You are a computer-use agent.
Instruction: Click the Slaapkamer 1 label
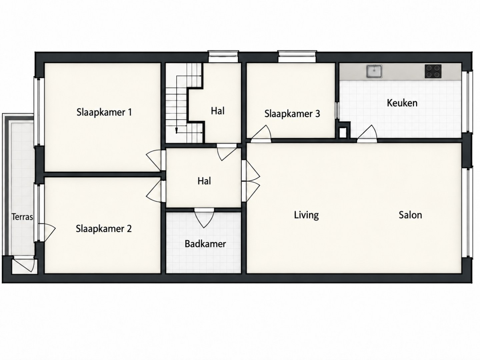point(104,112)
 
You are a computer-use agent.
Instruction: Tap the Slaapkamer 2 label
point(104,229)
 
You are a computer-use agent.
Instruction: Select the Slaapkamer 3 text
point(292,114)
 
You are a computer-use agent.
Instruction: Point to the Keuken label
point(402,103)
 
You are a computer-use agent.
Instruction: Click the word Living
point(306,215)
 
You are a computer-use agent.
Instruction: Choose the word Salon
point(410,215)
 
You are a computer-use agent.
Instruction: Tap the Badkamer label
point(205,244)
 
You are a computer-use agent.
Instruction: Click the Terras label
point(22,217)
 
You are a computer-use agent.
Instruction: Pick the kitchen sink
point(374,71)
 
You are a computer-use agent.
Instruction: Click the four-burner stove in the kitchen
point(433,71)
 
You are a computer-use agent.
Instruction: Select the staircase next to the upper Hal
point(184,103)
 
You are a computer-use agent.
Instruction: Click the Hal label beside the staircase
point(218,111)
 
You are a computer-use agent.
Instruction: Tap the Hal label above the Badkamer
point(204,181)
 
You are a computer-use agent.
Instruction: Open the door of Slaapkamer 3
point(261,134)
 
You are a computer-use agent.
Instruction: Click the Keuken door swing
point(367,134)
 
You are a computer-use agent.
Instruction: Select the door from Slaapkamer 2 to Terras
point(47,233)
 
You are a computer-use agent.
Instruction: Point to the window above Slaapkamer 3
point(297,56)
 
